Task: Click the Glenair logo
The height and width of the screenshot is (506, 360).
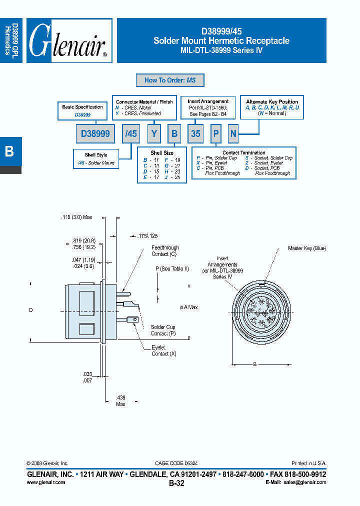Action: (69, 41)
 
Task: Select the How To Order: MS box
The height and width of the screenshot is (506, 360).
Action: (170, 80)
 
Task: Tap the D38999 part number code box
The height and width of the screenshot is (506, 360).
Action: (95, 133)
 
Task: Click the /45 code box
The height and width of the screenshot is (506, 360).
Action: (131, 133)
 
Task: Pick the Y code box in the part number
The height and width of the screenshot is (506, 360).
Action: (155, 133)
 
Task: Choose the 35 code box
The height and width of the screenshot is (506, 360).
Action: (195, 133)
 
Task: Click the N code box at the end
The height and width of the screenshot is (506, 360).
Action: (233, 133)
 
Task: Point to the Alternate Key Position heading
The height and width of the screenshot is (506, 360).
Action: (272, 101)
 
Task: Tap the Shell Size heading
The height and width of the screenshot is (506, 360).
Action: (162, 153)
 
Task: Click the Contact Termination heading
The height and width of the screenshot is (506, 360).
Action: (244, 153)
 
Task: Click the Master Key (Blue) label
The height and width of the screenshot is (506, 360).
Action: (306, 248)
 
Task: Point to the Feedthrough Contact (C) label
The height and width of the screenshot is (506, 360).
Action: (165, 251)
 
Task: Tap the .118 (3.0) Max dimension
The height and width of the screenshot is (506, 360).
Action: (76, 217)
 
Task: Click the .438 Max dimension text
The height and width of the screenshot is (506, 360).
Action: (120, 400)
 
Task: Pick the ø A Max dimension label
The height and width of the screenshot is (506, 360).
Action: (188, 307)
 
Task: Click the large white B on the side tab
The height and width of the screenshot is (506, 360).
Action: (9, 151)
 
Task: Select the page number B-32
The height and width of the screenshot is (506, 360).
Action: (176, 483)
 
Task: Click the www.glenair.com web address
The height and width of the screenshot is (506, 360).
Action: (45, 482)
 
